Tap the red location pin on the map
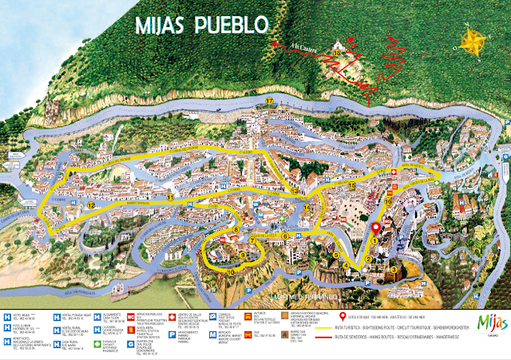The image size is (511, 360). tap(375, 230)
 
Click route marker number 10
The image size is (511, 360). tap(231, 272)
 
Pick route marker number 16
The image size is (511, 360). tap(387, 203)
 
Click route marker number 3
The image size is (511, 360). tap(392, 269)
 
